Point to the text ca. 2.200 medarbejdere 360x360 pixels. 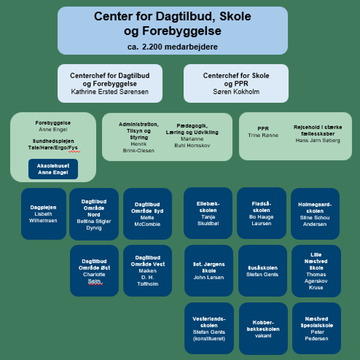pyautogui.click(x=172, y=47)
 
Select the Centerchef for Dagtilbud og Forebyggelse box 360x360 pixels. pyautogui.click(x=110, y=84)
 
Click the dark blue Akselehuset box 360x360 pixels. pyautogui.click(x=54, y=169)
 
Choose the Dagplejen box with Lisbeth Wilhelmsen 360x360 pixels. pyautogui.click(x=44, y=213)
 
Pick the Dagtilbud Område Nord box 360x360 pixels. pyautogui.click(x=94, y=214)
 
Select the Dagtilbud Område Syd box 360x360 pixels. pyautogui.click(x=148, y=214)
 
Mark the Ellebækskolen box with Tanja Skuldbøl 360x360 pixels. pyautogui.click(x=208, y=213)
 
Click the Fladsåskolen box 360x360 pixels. pyautogui.click(x=261, y=213)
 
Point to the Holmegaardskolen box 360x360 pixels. pyautogui.click(x=315, y=213)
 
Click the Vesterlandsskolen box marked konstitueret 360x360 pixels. pyautogui.click(x=209, y=328)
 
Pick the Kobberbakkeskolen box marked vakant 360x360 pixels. pyautogui.click(x=262, y=328)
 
